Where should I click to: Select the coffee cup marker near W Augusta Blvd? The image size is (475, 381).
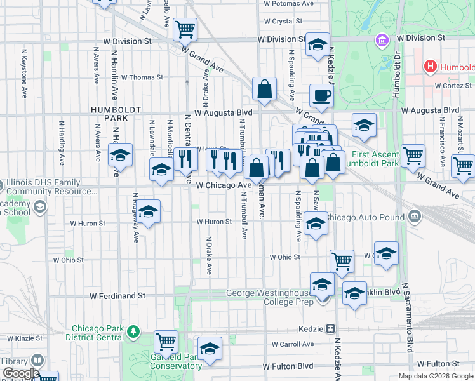click(321, 96)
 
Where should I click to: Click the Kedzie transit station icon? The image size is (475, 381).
click(331, 329)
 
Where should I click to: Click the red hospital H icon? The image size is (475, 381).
click(431, 66)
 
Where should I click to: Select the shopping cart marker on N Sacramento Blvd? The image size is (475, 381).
click(413, 154)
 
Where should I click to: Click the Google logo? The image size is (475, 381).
click(20, 373)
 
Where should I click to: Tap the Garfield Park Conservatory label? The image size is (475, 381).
click(163, 361)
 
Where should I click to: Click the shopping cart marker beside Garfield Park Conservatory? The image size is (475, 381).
click(166, 341)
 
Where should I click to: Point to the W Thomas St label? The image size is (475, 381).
click(142, 77)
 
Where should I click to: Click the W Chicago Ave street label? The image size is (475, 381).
click(224, 185)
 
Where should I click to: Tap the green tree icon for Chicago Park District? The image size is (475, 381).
click(133, 331)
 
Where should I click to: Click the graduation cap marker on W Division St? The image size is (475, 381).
click(318, 44)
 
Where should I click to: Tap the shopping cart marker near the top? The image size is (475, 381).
click(185, 29)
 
